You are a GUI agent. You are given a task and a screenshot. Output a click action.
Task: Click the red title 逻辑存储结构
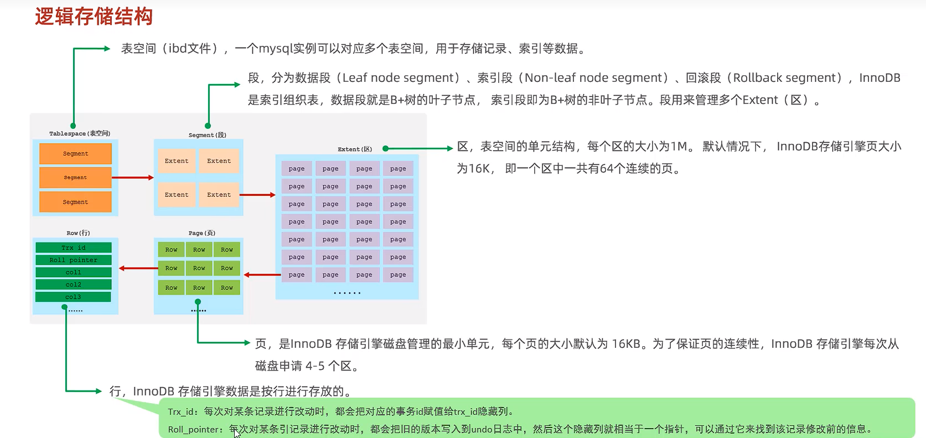pos(94,17)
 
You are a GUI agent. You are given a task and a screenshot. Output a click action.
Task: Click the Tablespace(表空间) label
pos(80,133)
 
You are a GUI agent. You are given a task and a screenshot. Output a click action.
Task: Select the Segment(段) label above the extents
pos(208,135)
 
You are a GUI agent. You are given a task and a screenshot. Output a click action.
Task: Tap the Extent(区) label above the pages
pos(355,149)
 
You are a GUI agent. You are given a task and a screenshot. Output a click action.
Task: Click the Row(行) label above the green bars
pos(78,233)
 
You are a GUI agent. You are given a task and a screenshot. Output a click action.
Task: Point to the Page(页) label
pos(201,233)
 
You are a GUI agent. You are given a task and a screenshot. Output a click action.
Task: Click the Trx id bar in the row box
pos(74,248)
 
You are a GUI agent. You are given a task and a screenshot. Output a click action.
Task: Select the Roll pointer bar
pos(74,260)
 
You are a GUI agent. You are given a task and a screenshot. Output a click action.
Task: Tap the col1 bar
pos(74,272)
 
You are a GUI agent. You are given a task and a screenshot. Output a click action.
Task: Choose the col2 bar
pos(74,285)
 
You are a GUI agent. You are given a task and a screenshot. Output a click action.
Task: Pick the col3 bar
pos(73,297)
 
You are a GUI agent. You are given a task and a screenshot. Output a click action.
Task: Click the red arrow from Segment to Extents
pos(133,178)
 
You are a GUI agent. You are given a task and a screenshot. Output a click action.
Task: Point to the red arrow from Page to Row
pos(138,268)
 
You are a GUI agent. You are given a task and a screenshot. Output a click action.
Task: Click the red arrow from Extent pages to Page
pos(262,275)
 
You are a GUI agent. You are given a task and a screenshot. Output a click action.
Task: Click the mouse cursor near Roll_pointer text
pos(237,433)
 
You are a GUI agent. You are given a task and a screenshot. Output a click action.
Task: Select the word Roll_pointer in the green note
pos(193,430)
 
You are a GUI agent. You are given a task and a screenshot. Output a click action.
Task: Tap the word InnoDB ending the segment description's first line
pos(880,77)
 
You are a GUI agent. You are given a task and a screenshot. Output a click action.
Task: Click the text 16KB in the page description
pos(626,344)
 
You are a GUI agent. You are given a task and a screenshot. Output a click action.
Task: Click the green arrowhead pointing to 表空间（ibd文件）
pos(107,49)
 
